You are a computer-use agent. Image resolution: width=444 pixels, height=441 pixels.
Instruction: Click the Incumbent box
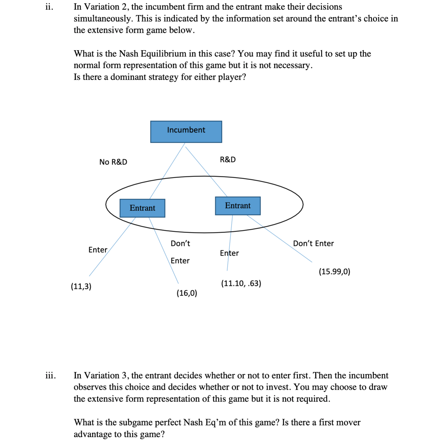pyautogui.click(x=186, y=131)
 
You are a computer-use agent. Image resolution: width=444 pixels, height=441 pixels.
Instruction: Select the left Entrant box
pyautogui.click(x=142, y=208)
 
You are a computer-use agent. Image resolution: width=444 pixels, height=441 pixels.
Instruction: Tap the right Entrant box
pyautogui.click(x=238, y=206)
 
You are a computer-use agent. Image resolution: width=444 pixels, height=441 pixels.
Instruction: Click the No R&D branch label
pyautogui.click(x=113, y=162)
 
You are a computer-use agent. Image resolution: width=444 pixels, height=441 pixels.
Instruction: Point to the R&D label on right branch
pyautogui.click(x=228, y=160)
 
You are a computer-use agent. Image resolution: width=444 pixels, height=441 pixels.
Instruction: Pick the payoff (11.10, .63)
pyautogui.click(x=241, y=283)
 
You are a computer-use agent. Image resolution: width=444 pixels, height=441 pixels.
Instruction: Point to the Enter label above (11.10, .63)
pyautogui.click(x=229, y=253)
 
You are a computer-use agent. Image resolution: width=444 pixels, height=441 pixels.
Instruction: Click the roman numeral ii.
pyautogui.click(x=49, y=7)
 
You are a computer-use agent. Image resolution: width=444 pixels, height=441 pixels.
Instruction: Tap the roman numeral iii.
pyautogui.click(x=50, y=376)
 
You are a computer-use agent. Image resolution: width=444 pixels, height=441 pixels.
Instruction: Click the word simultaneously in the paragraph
pyautogui.click(x=103, y=19)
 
